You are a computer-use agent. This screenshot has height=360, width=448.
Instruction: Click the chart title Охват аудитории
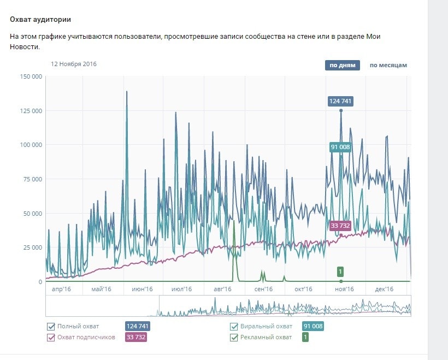[40, 20]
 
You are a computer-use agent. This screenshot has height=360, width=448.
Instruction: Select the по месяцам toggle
[388, 66]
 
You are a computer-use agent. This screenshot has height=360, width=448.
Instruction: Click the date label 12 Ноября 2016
[74, 64]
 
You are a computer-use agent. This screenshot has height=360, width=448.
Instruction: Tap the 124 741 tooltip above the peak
[341, 101]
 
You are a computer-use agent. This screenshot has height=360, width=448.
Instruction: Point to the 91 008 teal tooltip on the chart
[341, 147]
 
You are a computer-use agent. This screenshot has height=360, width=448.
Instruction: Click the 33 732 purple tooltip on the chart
[340, 226]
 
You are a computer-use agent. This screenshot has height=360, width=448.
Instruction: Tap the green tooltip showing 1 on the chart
[340, 272]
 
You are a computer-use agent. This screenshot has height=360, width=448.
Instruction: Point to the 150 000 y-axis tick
[31, 77]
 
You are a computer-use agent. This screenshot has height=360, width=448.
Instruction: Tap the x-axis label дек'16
[385, 289]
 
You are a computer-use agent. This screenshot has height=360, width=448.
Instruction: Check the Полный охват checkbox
[51, 327]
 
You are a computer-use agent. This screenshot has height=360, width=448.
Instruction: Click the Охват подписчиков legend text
[86, 338]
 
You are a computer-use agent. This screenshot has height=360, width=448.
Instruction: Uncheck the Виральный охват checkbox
[234, 327]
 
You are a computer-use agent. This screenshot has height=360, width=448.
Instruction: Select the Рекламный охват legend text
[266, 338]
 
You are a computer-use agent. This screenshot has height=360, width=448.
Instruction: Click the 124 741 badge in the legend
[137, 327]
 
